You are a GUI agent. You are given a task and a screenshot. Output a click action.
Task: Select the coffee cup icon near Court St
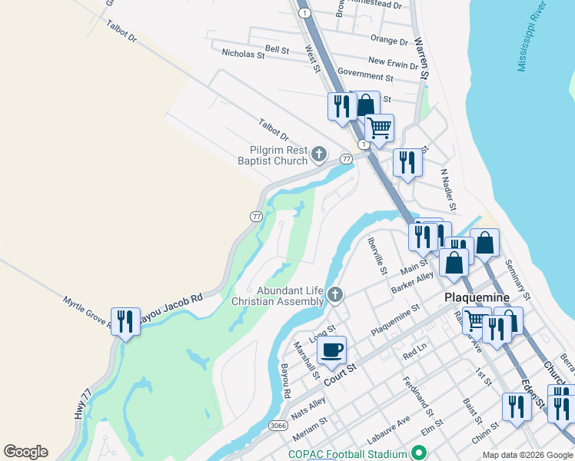[x=331, y=351]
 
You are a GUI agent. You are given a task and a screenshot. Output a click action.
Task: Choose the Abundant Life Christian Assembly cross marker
[x=334, y=294]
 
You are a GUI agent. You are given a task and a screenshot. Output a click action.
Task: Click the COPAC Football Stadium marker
[x=419, y=453]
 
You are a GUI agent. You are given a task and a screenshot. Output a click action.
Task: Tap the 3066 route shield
[x=279, y=424]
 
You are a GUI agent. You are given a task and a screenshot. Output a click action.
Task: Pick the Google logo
[x=25, y=452]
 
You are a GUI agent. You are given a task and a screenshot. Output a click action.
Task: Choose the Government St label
[x=365, y=75]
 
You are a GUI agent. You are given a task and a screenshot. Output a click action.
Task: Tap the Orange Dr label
[x=388, y=40]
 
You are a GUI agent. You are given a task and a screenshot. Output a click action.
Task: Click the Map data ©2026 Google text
[x=527, y=455]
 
